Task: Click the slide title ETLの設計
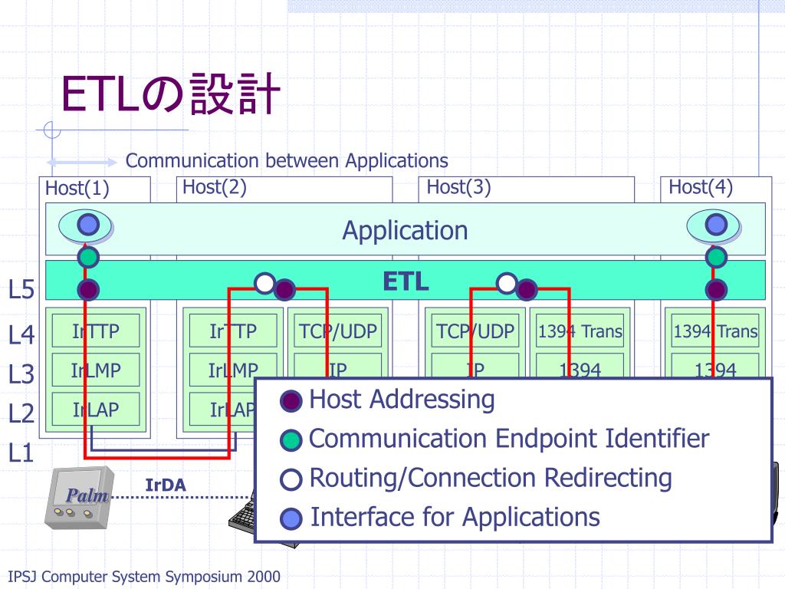click(x=169, y=94)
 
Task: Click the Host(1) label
click(x=77, y=188)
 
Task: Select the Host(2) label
click(x=214, y=186)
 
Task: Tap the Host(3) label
click(x=458, y=186)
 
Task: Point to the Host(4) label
click(x=701, y=186)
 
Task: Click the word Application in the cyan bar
click(x=405, y=230)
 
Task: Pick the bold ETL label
click(x=406, y=281)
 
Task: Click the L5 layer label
click(x=21, y=290)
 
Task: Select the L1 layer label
click(x=21, y=452)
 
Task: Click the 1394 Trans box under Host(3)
click(x=580, y=331)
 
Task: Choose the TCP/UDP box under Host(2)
click(x=337, y=331)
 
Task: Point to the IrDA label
click(x=166, y=485)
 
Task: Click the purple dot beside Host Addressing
click(x=292, y=400)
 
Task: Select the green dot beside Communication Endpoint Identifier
click(x=292, y=440)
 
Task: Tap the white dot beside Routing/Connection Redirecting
click(x=292, y=480)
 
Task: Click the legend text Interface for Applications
click(x=455, y=517)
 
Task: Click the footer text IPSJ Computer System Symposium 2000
click(x=143, y=577)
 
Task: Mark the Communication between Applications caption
click(x=287, y=160)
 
